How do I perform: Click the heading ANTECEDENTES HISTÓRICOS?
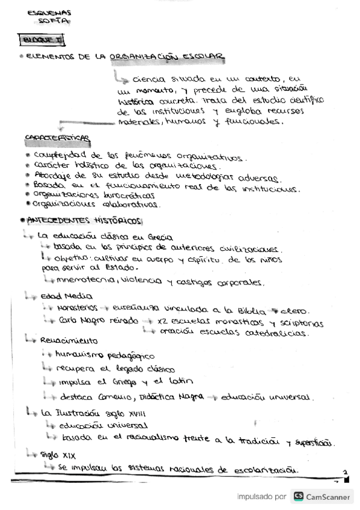point(84,221)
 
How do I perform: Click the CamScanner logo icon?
point(298,497)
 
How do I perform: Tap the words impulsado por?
point(261,497)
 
